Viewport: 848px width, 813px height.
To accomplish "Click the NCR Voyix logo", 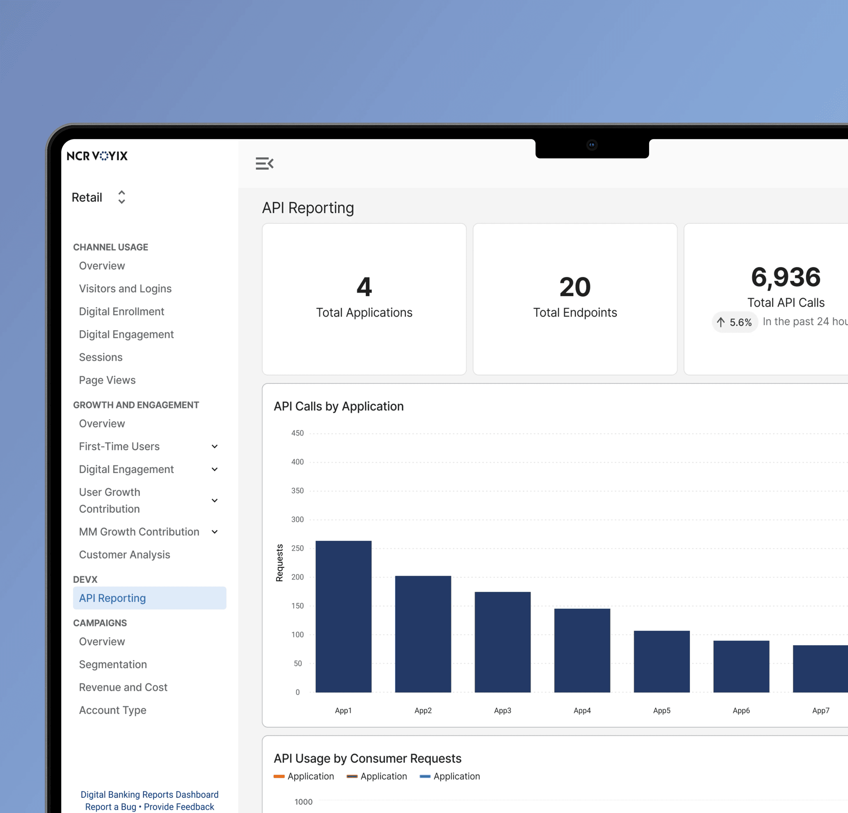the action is pos(97,156).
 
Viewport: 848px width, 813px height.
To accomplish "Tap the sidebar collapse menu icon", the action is pos(264,164).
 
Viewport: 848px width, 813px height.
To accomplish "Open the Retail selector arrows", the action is pos(121,197).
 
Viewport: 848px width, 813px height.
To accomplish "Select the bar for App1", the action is pos(344,616).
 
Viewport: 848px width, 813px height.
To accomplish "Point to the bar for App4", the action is pos(582,650).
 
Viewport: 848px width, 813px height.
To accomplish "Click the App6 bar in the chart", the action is pos(742,666).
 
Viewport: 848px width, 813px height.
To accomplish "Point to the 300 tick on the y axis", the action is pos(298,519).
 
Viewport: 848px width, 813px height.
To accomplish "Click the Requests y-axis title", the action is pos(279,563).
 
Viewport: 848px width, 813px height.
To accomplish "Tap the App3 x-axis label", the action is pos(503,710).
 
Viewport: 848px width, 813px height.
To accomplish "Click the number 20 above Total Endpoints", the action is pos(575,287).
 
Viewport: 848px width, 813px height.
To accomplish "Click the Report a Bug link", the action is pos(111,807).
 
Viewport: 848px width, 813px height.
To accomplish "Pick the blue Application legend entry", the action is pos(450,776).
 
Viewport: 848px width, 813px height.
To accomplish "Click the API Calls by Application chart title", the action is pos(339,406).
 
